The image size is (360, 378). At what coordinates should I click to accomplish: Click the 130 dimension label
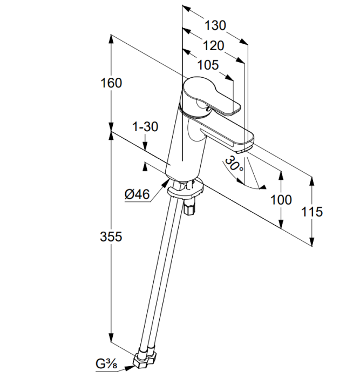tap(215, 25)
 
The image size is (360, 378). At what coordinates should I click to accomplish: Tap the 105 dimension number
tap(208, 65)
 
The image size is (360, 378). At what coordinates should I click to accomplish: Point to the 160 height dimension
tap(111, 83)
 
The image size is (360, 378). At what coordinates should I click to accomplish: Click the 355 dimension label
tap(111, 237)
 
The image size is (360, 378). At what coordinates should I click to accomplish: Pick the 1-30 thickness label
tap(145, 127)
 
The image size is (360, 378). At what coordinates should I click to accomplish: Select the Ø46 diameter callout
tap(137, 194)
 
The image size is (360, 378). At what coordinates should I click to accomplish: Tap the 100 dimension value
tap(281, 200)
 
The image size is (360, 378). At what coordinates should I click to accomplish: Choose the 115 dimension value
tap(311, 212)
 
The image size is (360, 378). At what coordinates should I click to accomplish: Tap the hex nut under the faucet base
tap(188, 207)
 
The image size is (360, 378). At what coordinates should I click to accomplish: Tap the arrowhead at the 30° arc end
tap(263, 187)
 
